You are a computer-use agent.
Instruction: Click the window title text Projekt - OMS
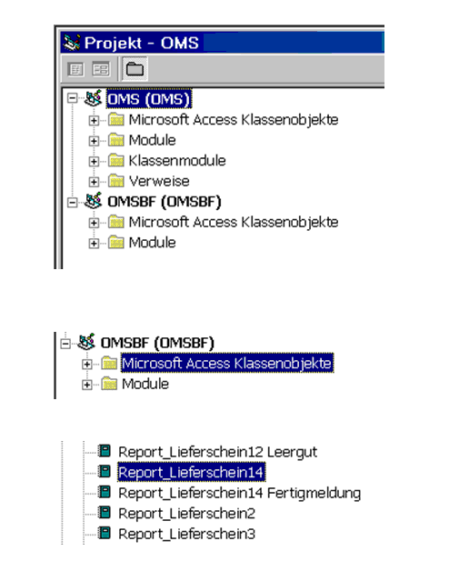pos(141,43)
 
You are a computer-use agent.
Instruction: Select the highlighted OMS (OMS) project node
pos(149,99)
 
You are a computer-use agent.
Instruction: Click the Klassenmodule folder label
pos(177,161)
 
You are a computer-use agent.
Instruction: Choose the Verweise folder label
pos(159,181)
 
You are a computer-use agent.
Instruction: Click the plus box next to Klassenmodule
pos(94,161)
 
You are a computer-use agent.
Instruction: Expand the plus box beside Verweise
pos(94,182)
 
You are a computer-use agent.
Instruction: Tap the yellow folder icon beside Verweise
pos(116,181)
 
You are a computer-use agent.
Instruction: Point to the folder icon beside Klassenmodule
pos(116,160)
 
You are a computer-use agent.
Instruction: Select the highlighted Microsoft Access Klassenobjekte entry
pos(227,363)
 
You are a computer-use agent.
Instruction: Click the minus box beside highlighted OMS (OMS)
pos(73,98)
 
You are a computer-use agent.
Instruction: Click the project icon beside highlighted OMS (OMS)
pos(93,98)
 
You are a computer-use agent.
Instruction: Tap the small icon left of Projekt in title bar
pos(72,43)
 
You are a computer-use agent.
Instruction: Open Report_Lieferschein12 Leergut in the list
pos(217,452)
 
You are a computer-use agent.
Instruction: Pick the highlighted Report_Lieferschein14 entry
pos(191,472)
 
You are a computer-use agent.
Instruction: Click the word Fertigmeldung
pos(314,493)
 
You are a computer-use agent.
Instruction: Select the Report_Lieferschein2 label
pos(186,514)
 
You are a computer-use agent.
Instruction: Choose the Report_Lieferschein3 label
pos(186,534)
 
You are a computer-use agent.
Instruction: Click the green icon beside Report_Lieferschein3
pos(105,533)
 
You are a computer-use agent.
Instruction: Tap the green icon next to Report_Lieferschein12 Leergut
pos(105,451)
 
